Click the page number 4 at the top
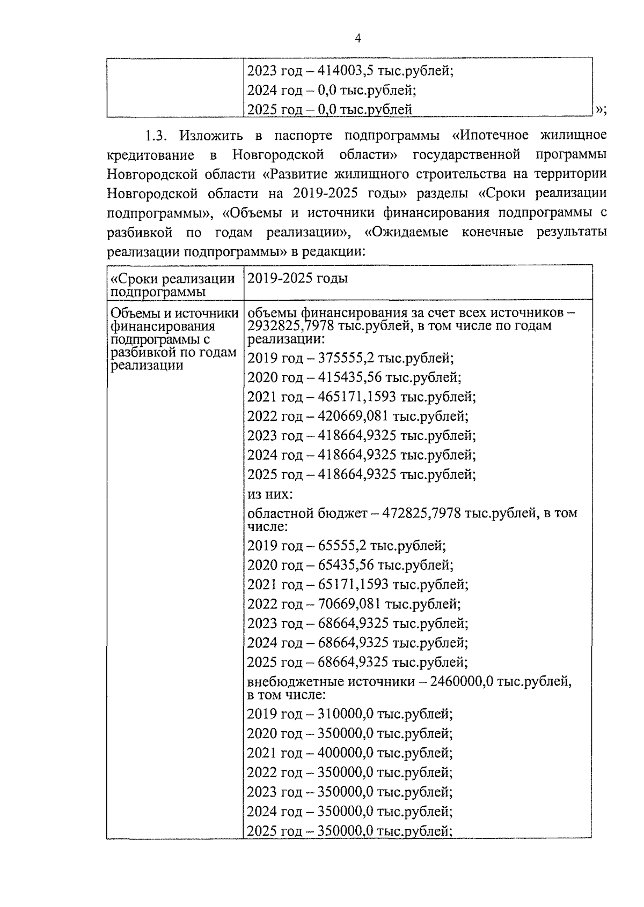[x=357, y=38]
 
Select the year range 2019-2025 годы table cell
[x=297, y=278]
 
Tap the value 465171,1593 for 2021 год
[x=357, y=397]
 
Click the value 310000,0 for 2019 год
[x=346, y=714]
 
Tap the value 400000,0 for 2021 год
[x=346, y=753]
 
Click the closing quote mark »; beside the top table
[x=600, y=109]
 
